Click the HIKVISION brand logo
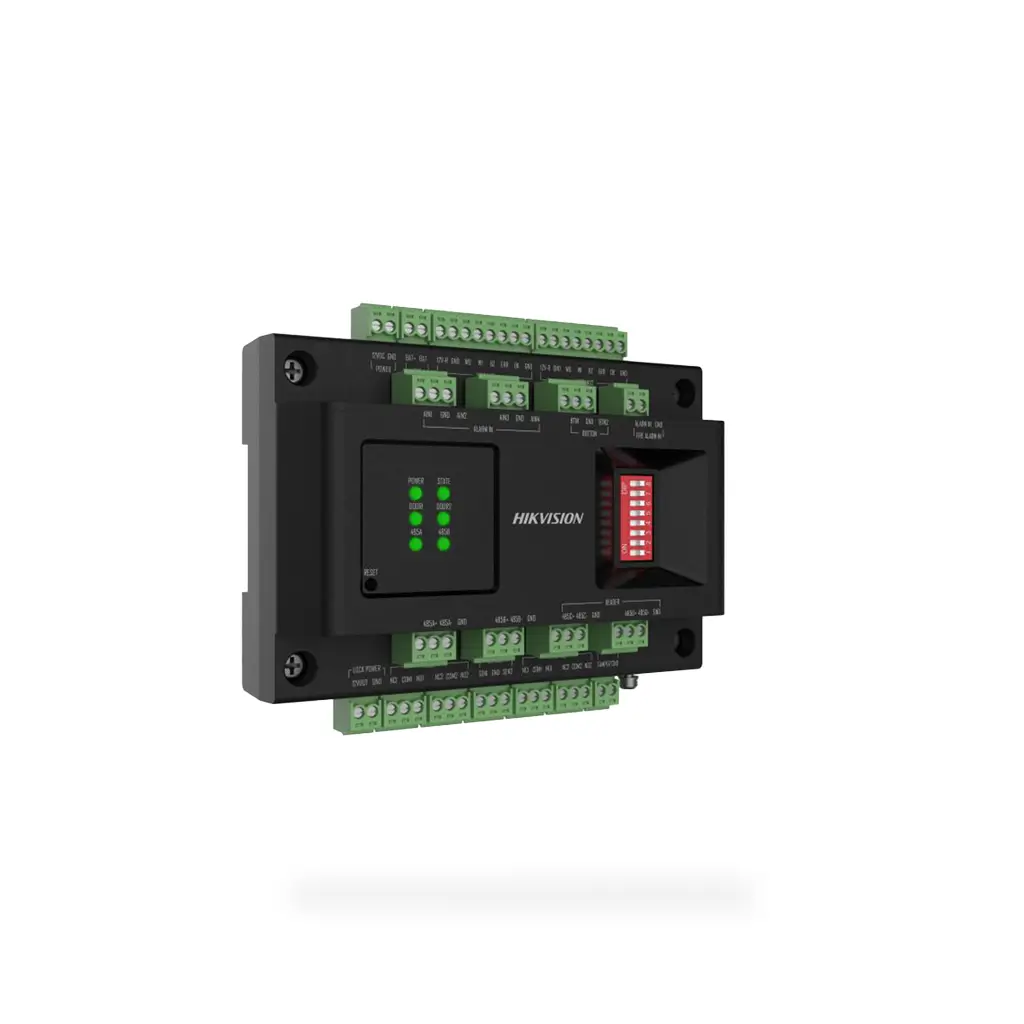[548, 518]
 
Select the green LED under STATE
[443, 494]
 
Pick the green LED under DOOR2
[443, 519]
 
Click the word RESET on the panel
[371, 572]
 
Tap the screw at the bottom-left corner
[294, 663]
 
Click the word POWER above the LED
[416, 481]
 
